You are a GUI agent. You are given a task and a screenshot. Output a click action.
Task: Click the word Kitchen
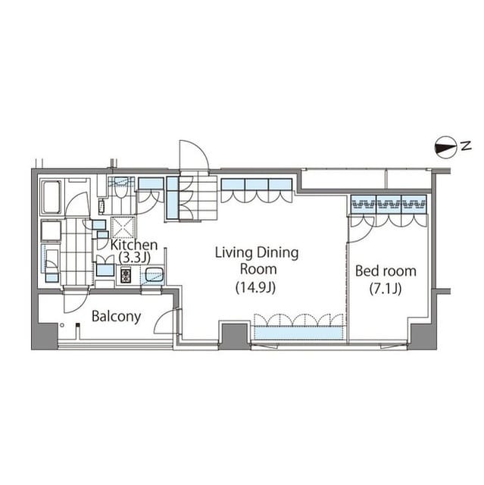pos(134,245)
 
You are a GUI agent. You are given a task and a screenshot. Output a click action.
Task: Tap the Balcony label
pos(116,317)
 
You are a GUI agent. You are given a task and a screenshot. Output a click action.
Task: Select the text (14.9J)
pos(255,288)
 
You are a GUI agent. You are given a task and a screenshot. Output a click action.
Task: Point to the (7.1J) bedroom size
pos(386,289)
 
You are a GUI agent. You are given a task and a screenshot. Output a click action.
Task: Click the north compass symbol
pos(445,148)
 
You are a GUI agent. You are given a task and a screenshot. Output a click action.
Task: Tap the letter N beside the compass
pos(466,145)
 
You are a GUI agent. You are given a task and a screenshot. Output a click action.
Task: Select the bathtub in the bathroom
pos(51,197)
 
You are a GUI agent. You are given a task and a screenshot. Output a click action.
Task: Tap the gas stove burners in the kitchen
pos(126,275)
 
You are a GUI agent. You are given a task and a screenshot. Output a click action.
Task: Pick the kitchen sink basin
pos(153,274)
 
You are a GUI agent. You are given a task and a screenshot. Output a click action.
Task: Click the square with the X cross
pos(123,227)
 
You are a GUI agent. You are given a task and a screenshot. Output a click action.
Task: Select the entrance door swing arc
pos(193,155)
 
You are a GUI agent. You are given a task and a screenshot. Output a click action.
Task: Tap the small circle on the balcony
pos(62,325)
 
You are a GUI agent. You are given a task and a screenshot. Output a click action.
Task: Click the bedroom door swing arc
pos(361,230)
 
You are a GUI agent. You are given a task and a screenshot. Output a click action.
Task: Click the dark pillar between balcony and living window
pos(234,336)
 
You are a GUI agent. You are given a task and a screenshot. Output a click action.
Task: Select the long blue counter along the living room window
pos(298,333)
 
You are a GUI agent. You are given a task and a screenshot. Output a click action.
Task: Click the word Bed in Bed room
pos(367,271)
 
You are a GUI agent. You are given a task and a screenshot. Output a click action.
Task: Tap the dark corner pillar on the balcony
pos(45,336)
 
